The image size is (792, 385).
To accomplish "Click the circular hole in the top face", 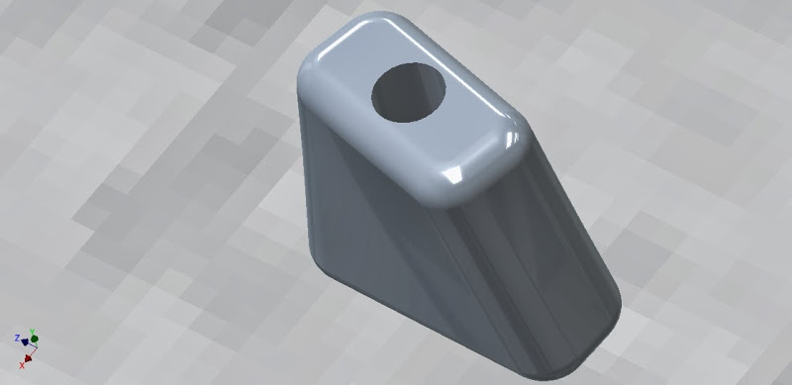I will (x=409, y=94).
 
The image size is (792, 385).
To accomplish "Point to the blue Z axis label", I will (x=17, y=338).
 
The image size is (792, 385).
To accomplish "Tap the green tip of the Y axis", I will (x=34, y=337).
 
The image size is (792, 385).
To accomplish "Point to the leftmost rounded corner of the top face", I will (x=309, y=89).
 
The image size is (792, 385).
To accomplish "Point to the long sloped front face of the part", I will (x=505, y=267).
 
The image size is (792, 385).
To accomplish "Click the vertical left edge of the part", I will (x=304, y=178).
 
